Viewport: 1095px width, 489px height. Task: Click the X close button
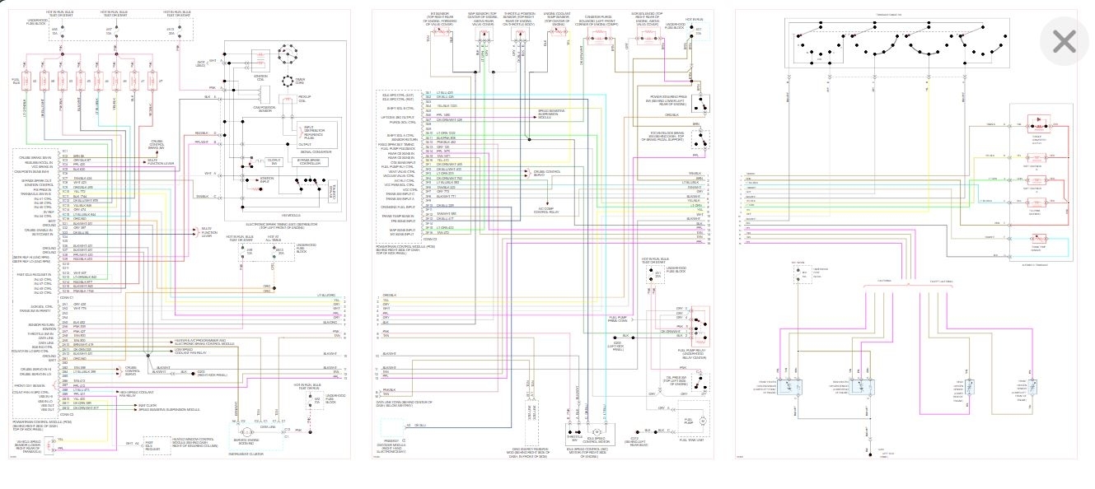[1065, 41]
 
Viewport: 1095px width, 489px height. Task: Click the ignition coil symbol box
[261, 58]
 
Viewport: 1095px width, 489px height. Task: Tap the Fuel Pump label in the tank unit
[688, 421]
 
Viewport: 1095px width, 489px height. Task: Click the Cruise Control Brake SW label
[156, 144]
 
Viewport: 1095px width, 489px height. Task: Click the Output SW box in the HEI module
[274, 161]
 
